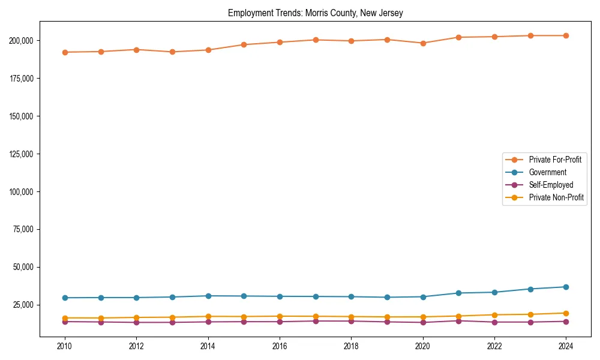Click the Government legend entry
point(547,172)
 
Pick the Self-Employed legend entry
point(551,185)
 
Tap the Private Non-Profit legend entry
point(556,197)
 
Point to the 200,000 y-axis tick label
point(22,40)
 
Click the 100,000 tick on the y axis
point(22,191)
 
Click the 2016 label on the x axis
point(280,346)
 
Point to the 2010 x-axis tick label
point(65,346)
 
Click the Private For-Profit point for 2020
point(423,43)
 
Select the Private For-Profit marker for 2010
point(65,52)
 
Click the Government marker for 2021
point(458,293)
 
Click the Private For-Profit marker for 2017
point(316,40)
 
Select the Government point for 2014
point(208,296)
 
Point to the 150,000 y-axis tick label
point(22,116)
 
